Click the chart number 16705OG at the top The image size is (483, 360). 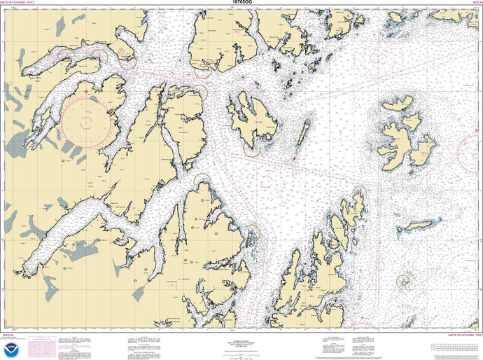click(x=241, y=3)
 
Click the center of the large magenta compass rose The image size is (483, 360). click(x=87, y=121)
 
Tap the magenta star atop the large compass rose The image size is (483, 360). click(x=87, y=91)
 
